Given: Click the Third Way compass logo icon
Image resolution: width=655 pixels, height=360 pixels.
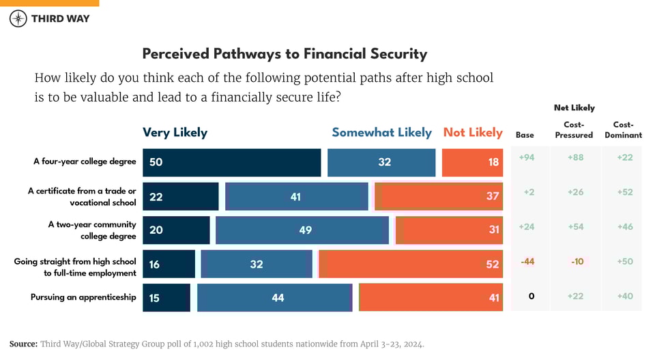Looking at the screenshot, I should (x=18, y=18).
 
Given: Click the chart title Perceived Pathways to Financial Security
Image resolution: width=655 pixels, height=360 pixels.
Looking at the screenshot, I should (x=285, y=54).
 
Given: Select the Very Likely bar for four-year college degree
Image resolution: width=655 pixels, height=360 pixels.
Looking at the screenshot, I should (x=231, y=162).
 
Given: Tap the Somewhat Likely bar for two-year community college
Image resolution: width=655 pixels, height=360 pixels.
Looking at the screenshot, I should (x=302, y=230).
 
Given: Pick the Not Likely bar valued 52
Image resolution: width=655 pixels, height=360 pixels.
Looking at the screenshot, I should (x=411, y=264).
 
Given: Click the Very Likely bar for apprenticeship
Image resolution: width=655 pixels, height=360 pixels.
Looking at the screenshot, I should (x=166, y=298).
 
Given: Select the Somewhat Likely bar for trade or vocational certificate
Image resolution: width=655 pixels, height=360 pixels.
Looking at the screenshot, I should (x=296, y=196).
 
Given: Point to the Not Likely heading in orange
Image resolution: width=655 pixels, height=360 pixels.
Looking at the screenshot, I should (x=473, y=132).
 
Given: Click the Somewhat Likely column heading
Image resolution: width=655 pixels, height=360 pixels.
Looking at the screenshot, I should (x=381, y=132).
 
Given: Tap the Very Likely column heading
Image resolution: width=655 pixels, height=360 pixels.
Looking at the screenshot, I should (x=175, y=132).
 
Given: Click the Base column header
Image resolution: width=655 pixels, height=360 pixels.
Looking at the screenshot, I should (x=525, y=135).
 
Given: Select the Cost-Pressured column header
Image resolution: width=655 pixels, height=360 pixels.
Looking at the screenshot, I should (x=574, y=130).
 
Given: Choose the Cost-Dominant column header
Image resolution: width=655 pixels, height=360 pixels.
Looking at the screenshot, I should (x=623, y=130).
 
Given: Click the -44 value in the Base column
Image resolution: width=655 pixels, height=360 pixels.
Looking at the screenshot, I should (x=527, y=262).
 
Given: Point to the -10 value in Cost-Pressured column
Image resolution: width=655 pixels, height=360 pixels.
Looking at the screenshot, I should (x=576, y=262).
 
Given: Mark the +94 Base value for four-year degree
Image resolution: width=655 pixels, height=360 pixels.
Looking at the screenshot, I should (x=526, y=157).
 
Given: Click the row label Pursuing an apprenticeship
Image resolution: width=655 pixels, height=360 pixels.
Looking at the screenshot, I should (x=83, y=297).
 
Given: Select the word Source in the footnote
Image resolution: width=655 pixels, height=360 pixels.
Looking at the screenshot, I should (x=23, y=344).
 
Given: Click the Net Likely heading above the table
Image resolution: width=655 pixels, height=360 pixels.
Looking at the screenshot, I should (x=574, y=108).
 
